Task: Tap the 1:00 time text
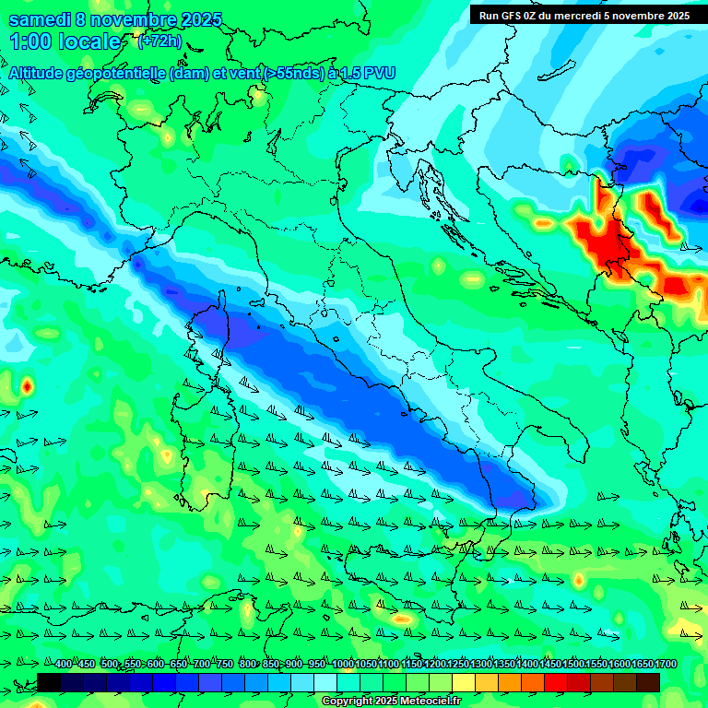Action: coord(30,41)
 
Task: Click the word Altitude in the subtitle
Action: coord(40,72)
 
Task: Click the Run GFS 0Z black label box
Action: coord(584,15)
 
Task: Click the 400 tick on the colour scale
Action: coord(63,665)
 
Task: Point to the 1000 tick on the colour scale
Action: coord(342,665)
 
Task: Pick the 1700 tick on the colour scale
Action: coord(640,665)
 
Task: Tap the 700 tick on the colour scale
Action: coord(202,665)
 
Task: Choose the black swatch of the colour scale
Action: coord(48,682)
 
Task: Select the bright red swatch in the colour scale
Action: coord(555,682)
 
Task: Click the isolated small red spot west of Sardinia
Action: coord(27,384)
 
